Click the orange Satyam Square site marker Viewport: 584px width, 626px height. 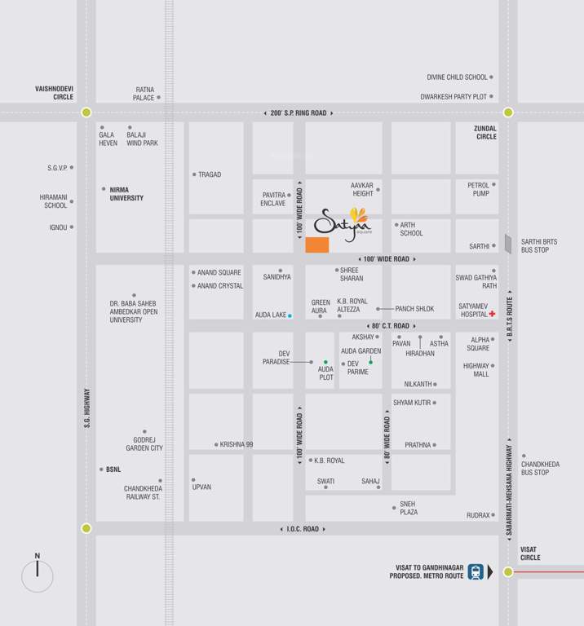317,245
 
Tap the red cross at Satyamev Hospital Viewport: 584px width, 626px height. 493,313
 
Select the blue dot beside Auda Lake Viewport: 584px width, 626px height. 290,315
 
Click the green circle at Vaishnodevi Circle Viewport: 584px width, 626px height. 86,112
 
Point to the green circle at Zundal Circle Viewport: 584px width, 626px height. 508,112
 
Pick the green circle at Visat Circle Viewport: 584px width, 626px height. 508,571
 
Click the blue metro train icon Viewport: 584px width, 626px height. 476,571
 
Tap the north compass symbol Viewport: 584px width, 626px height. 38,575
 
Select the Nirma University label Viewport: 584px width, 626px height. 126,193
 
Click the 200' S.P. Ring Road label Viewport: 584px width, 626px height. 299,113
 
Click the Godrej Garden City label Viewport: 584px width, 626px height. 144,443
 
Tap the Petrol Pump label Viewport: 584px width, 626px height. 479,189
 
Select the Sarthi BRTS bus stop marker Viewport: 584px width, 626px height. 507,244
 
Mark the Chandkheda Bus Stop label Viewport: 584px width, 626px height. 540,468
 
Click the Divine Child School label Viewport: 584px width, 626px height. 457,77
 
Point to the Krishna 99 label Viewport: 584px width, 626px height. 237,444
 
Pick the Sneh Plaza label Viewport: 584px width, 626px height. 408,508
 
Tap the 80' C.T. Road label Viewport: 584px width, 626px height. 387,326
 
